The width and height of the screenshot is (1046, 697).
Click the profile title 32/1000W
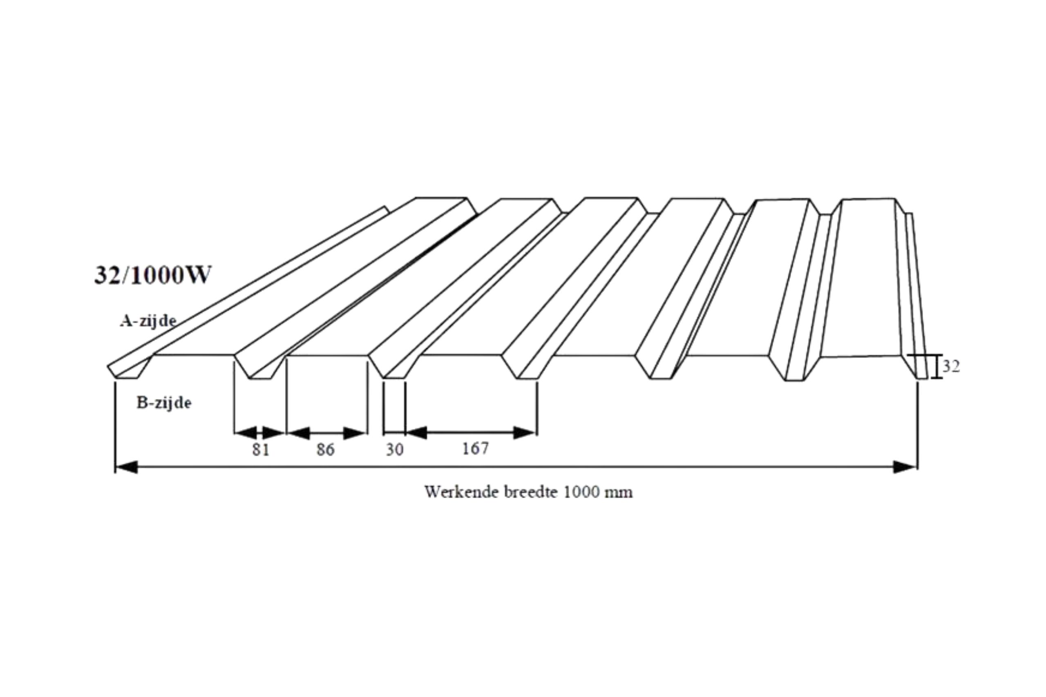point(152,275)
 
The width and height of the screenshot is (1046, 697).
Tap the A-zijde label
point(148,321)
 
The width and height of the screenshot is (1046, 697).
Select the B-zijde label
point(164,403)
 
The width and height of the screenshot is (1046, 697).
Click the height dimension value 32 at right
point(951,366)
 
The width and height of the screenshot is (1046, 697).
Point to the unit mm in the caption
point(619,493)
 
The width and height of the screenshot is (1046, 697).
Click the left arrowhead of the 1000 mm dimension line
point(126,467)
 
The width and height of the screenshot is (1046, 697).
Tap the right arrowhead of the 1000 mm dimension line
point(905,467)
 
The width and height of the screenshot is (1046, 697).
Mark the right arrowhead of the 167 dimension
point(525,432)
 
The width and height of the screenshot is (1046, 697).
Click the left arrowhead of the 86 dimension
point(298,432)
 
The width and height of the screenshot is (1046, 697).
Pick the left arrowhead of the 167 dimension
point(417,432)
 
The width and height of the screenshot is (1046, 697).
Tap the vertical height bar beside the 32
point(936,366)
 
